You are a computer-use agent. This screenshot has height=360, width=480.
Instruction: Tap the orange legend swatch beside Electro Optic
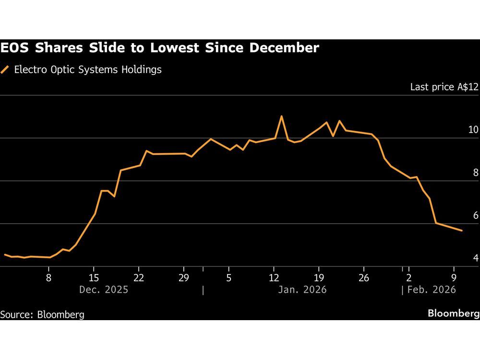pyautogui.click(x=5, y=70)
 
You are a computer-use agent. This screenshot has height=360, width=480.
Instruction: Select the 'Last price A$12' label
pyautogui.click(x=444, y=87)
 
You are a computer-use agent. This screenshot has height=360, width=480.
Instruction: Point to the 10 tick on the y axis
pyautogui.click(x=473, y=130)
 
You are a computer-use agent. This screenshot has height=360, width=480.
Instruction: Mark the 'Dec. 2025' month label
pyautogui.click(x=104, y=289)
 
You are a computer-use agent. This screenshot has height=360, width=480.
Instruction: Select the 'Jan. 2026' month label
pyautogui.click(x=302, y=289)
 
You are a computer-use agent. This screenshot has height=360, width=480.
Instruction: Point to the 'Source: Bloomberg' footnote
pyautogui.click(x=42, y=314)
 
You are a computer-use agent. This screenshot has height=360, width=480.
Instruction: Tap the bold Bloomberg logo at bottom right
pyautogui.click(x=454, y=313)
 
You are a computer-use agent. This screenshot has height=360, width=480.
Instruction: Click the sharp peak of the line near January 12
pyautogui.click(x=281, y=116)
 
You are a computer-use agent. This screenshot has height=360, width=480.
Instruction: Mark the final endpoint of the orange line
pyautogui.click(x=462, y=231)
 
